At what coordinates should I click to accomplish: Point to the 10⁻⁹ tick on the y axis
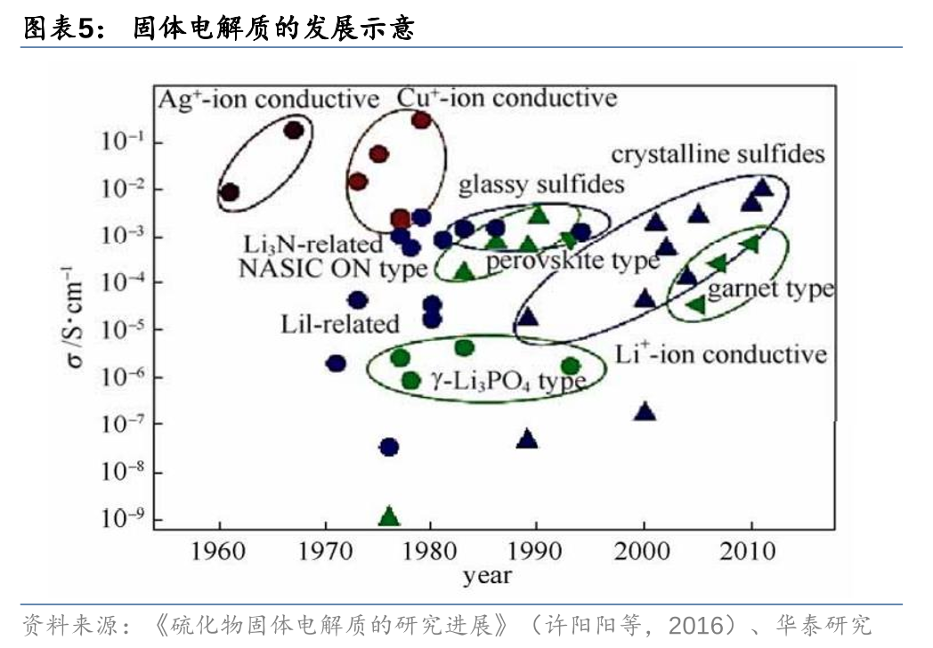click(x=119, y=518)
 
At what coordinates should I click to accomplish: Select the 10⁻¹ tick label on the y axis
click(x=119, y=142)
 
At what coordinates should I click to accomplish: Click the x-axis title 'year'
click(x=487, y=575)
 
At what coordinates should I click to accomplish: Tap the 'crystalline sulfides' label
click(x=718, y=154)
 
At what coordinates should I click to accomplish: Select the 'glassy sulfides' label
click(x=540, y=185)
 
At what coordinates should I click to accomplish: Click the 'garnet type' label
click(x=770, y=288)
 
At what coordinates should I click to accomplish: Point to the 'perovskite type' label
click(x=572, y=261)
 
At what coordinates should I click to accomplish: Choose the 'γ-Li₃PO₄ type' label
click(x=508, y=381)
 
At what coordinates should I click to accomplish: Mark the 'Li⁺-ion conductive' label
click(x=720, y=353)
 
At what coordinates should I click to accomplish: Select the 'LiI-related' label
click(x=339, y=324)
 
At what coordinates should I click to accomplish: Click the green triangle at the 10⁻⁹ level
click(x=388, y=516)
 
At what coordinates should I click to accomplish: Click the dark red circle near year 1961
click(x=230, y=191)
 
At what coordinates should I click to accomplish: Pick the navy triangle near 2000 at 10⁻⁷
click(x=645, y=411)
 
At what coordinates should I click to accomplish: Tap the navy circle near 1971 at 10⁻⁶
click(x=336, y=363)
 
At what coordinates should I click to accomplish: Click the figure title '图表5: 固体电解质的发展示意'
click(x=218, y=28)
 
